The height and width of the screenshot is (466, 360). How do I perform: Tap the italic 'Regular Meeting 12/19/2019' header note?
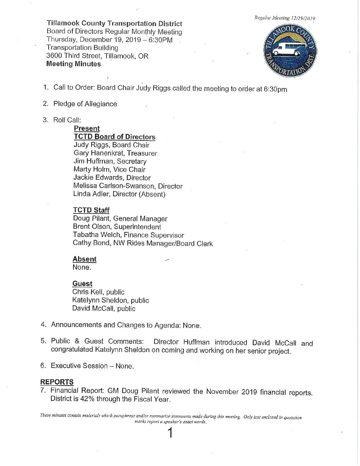[x=285, y=18]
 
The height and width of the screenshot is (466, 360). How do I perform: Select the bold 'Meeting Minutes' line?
[x=73, y=64]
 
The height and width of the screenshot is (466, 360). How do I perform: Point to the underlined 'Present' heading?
[x=87, y=128]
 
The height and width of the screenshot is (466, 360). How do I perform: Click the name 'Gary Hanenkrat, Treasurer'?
[x=115, y=153]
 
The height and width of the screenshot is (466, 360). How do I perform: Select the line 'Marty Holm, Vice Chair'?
[x=110, y=169]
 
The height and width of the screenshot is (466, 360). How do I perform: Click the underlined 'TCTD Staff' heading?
[x=91, y=210]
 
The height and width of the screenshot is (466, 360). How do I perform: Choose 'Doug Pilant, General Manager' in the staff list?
[x=120, y=218]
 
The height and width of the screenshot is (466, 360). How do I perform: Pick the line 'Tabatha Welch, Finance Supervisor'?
[x=128, y=235]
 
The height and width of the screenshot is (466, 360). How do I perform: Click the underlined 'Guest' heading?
[x=82, y=284]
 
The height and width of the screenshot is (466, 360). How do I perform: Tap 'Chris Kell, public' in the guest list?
[x=98, y=292]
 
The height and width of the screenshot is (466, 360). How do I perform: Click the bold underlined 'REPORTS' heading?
[x=57, y=382]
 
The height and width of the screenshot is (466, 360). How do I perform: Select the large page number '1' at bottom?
[x=170, y=433]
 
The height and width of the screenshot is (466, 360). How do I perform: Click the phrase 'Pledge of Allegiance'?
[x=85, y=104]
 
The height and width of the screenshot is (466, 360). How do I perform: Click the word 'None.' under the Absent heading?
[x=82, y=267]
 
